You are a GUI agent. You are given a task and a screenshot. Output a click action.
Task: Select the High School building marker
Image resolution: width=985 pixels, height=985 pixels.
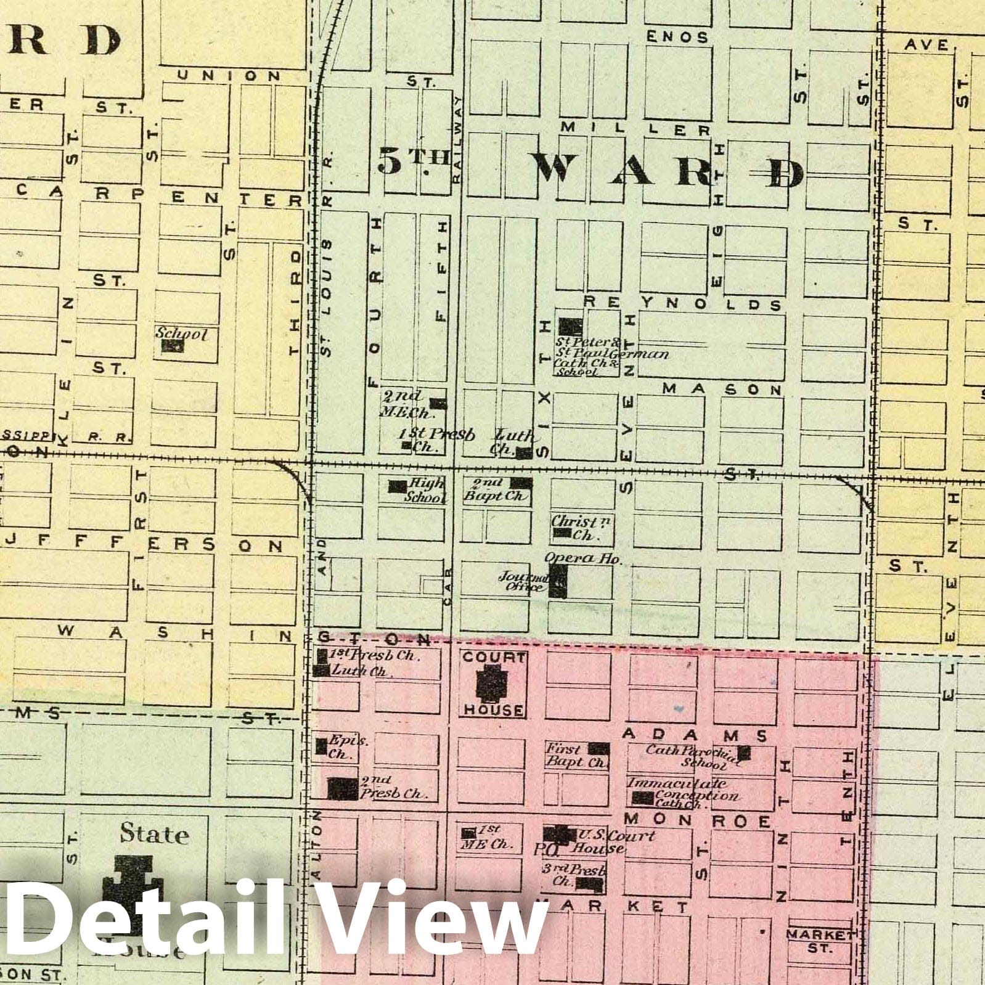[397, 487]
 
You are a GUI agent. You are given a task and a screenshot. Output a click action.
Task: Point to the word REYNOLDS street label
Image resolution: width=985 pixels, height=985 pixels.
[682, 304]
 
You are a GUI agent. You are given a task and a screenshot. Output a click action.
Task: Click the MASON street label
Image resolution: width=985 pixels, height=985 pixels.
[722, 390]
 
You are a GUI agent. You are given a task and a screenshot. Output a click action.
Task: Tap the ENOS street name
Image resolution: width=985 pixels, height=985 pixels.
[677, 37]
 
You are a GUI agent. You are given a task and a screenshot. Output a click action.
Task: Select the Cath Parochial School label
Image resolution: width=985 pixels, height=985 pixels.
[692, 756]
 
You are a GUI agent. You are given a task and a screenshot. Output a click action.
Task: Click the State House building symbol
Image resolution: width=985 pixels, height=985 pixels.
[133, 888]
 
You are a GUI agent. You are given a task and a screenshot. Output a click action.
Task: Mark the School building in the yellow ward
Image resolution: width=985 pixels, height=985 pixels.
[173, 346]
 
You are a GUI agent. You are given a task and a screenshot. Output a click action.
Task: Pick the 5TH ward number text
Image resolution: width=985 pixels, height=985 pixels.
[412, 161]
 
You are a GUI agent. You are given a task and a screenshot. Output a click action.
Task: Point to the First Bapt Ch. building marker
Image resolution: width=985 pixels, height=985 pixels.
[599, 749]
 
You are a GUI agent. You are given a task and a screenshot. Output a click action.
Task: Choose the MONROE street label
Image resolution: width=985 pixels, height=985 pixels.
[697, 821]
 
